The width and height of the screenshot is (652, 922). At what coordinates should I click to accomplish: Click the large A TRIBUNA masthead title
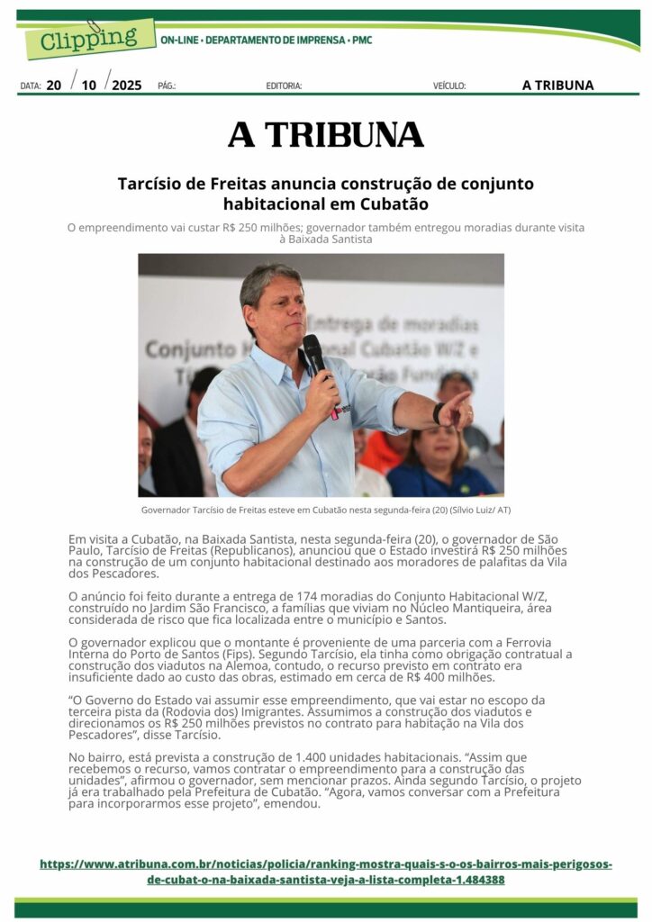[325, 135]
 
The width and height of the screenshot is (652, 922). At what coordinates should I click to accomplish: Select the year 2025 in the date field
[127, 86]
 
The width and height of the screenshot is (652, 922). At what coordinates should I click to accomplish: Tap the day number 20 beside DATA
[54, 86]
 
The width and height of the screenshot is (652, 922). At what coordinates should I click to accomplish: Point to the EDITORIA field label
[284, 86]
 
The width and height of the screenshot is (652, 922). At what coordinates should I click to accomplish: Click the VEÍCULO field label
[449, 86]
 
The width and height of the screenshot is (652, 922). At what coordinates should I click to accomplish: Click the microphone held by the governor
[316, 360]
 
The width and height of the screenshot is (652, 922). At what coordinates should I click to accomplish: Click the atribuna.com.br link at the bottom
[325, 872]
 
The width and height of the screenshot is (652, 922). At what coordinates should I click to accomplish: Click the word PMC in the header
[362, 41]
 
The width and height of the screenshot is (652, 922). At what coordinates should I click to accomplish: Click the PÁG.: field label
[167, 86]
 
